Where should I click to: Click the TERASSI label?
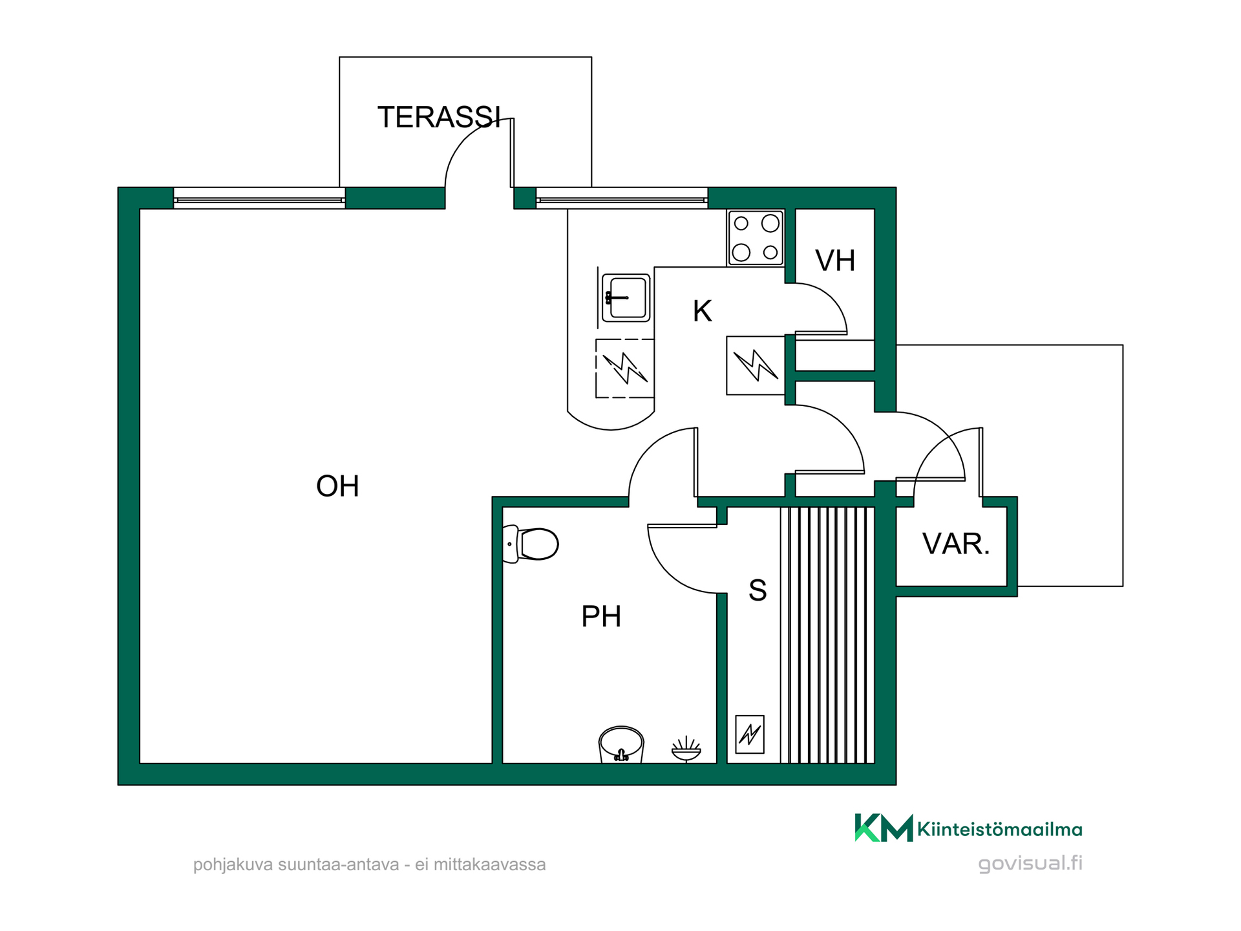click(x=439, y=117)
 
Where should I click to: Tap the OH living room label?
click(x=337, y=486)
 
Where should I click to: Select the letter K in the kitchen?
click(x=703, y=311)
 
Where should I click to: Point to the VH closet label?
click(x=835, y=261)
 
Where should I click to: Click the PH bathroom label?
click(x=601, y=616)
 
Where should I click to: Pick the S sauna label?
click(x=758, y=590)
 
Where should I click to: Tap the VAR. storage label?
click(x=956, y=544)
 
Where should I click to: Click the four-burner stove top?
click(x=756, y=238)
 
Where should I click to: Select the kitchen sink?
click(x=626, y=298)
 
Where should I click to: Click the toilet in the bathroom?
click(x=531, y=544)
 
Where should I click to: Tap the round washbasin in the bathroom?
click(x=621, y=744)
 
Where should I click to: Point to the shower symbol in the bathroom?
click(x=686, y=749)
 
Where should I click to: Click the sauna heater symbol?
click(x=750, y=734)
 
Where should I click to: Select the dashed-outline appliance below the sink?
click(x=624, y=368)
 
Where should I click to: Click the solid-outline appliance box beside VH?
click(x=756, y=365)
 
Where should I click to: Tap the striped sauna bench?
click(x=827, y=635)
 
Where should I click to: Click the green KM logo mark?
click(x=884, y=828)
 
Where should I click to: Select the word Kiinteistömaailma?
click(x=999, y=829)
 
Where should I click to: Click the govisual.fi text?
click(x=1030, y=864)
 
